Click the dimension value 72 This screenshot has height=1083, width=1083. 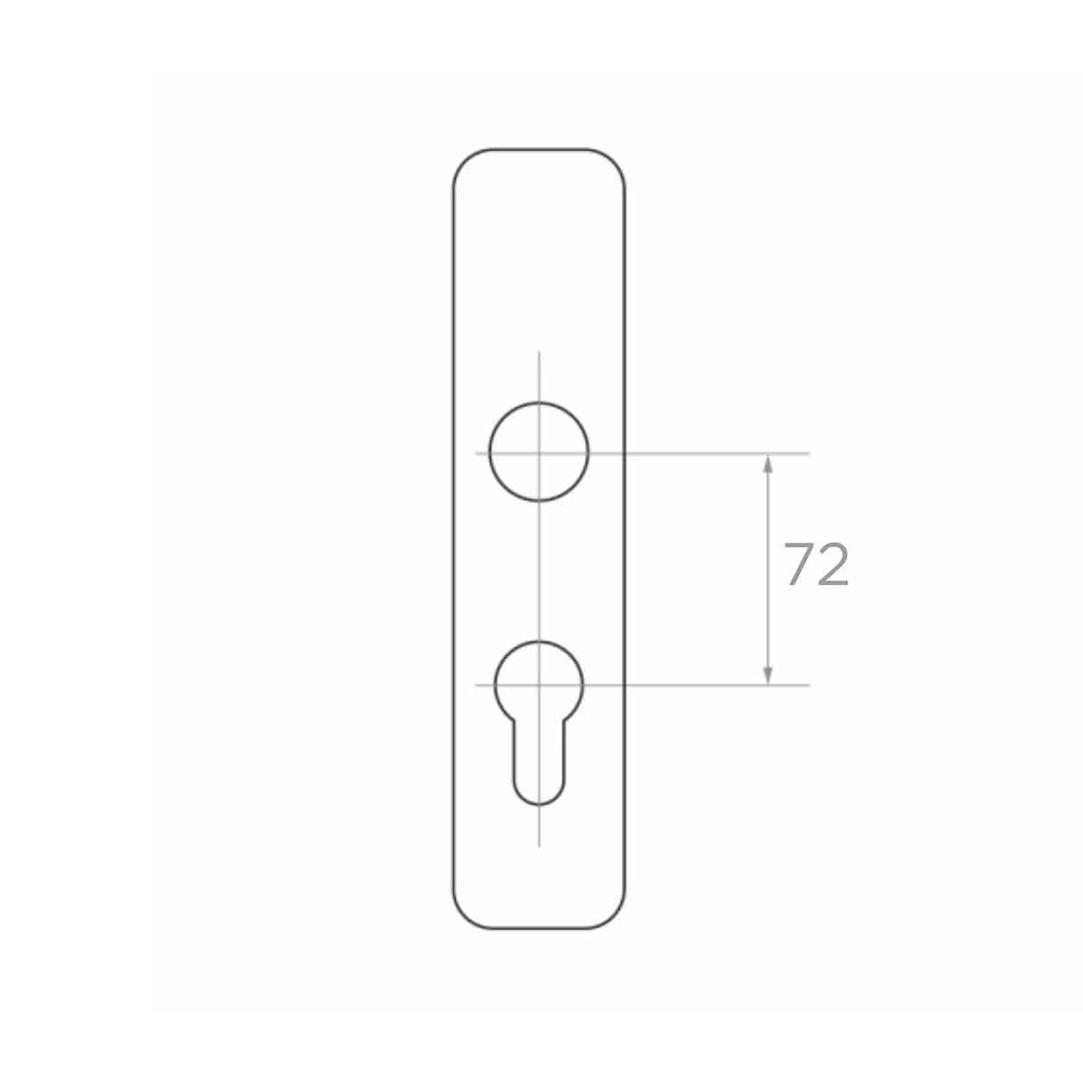click(x=816, y=566)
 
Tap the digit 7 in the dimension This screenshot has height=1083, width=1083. click(x=799, y=566)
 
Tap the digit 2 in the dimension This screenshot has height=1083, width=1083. click(x=832, y=566)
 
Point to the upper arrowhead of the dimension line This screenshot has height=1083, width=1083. click(x=767, y=462)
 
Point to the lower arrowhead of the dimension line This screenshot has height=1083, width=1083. click(x=767, y=675)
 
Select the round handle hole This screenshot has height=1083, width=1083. click(x=539, y=451)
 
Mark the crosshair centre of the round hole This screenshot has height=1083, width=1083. click(x=539, y=452)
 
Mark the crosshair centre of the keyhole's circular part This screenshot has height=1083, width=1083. click(x=539, y=685)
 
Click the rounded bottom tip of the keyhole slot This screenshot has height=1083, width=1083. click(x=539, y=801)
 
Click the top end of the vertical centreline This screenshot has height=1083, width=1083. click(x=539, y=353)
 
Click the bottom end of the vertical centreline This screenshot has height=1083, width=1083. click(x=539, y=846)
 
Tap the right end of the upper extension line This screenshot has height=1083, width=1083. click(x=809, y=452)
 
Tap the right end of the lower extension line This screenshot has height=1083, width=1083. click(x=809, y=685)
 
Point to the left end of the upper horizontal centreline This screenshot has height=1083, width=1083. click(x=477, y=452)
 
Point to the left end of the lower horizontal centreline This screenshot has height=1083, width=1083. click(x=477, y=685)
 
